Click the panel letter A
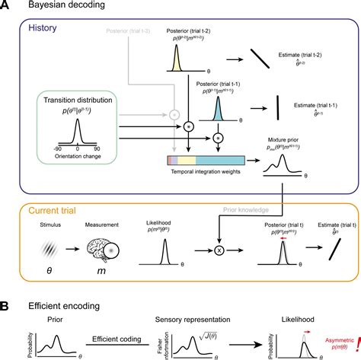(5, 6)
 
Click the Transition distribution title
(75, 100)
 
